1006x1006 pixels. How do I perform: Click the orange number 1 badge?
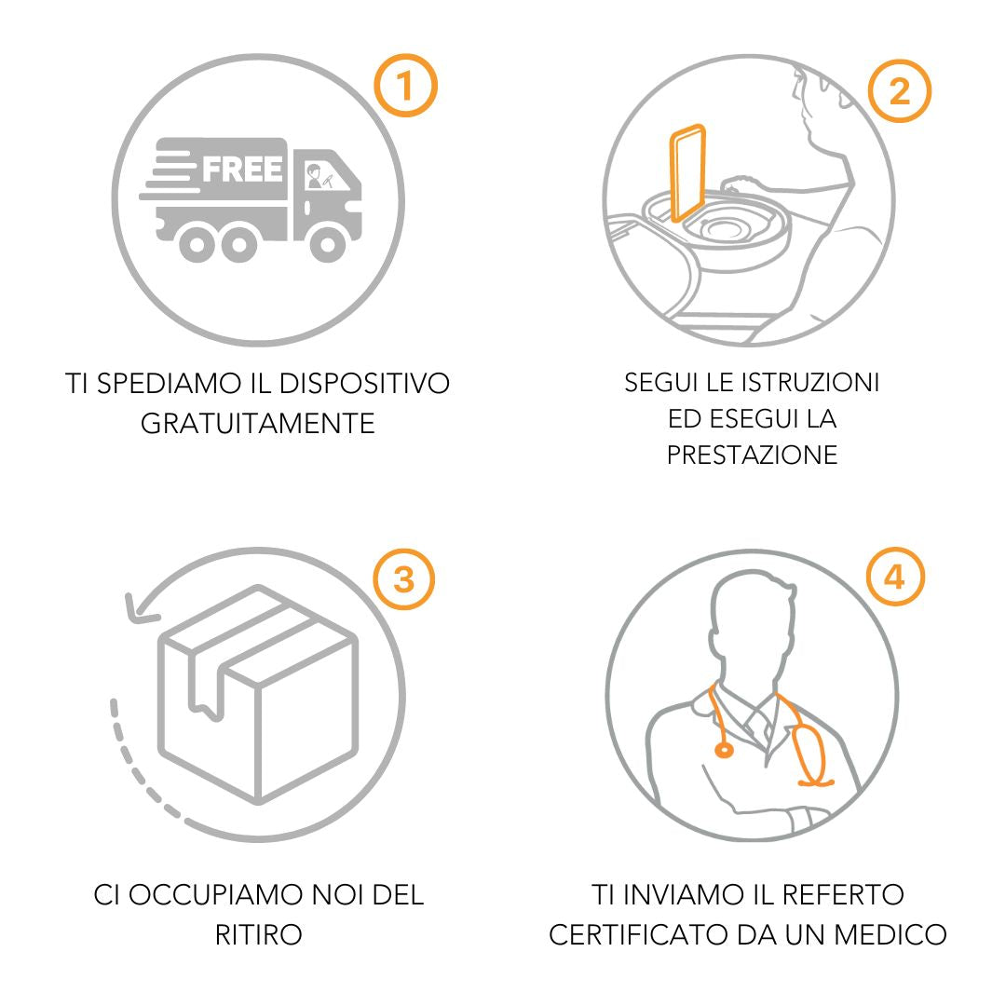[405, 86]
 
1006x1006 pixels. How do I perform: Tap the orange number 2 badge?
[900, 90]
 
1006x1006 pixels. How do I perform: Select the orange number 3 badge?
[403, 578]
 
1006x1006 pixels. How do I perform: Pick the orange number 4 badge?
[895, 577]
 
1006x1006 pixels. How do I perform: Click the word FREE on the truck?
[242, 170]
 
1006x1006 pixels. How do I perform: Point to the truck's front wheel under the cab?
[328, 242]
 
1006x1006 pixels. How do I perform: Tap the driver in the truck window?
[315, 176]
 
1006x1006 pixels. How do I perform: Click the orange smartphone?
[687, 173]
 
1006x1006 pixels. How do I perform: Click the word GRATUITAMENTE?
[257, 424]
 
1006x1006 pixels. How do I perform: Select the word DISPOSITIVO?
[364, 384]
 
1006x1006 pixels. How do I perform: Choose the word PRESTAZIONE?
[752, 455]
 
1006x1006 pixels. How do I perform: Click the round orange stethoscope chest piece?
[724, 749]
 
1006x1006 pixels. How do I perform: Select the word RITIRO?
[259, 935]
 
